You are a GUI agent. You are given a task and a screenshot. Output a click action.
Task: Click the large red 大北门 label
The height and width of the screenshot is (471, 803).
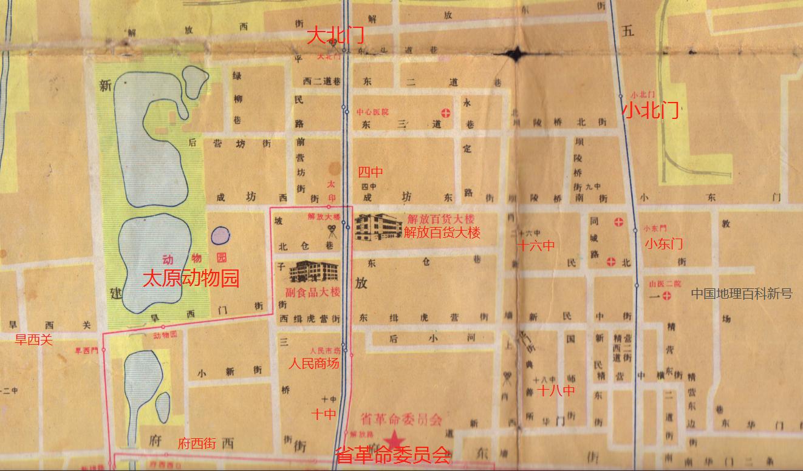[x=335, y=35]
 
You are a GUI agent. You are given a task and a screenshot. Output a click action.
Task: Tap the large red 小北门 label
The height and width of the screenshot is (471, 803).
[x=651, y=110]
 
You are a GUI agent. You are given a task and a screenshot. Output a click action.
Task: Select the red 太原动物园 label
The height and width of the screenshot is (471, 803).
[x=191, y=279]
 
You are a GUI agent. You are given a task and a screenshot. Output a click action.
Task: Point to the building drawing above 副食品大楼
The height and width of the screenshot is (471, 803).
[x=313, y=271]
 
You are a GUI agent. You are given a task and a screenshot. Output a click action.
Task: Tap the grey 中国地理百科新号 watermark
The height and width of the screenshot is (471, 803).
[x=742, y=294]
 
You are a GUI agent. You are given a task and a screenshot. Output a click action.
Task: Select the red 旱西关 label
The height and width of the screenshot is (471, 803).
[x=34, y=340]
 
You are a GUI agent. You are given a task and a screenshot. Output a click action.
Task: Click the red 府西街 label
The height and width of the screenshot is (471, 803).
[x=197, y=444]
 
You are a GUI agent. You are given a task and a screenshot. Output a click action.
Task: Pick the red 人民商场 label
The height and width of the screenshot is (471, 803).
[x=313, y=364]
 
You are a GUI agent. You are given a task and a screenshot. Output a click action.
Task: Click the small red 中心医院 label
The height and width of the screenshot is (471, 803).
[x=372, y=112]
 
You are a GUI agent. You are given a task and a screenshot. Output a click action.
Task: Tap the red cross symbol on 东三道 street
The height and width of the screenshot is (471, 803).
[x=446, y=112]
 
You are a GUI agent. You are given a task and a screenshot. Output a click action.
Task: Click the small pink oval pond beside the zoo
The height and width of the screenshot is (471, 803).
[x=220, y=235]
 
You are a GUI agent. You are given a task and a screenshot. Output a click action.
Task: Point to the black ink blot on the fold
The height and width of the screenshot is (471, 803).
[x=516, y=54]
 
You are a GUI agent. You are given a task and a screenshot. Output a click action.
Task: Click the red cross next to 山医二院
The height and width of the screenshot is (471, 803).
[x=667, y=296]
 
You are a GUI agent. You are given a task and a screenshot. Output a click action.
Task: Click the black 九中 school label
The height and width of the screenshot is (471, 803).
[x=593, y=187]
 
